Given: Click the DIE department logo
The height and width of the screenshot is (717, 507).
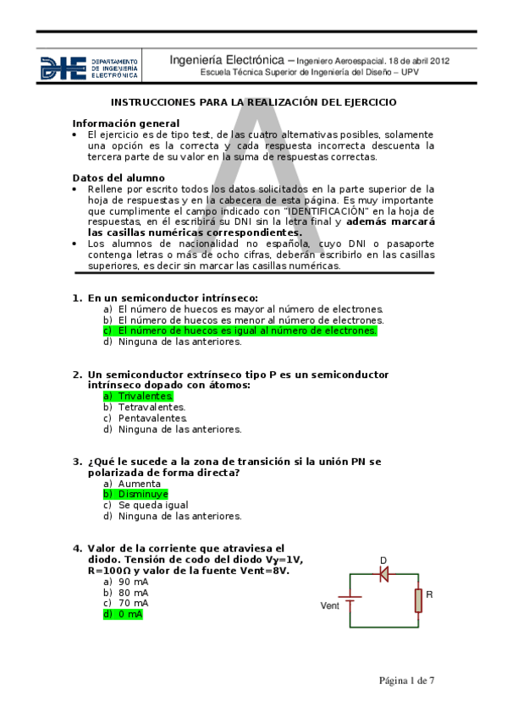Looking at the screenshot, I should [90, 68].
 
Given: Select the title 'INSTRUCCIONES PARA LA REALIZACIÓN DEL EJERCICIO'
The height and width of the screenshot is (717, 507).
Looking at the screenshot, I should [254, 101].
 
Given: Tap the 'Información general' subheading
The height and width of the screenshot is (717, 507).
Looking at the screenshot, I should [125, 123].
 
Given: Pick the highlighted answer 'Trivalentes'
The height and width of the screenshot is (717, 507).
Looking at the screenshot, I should [138, 396].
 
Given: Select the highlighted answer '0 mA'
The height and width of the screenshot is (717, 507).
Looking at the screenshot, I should [123, 615].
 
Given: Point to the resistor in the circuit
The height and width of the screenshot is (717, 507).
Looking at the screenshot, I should [417, 600].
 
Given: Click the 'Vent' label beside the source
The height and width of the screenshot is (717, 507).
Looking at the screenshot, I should [330, 605].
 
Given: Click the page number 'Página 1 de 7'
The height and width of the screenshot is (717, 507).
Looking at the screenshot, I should [406, 680].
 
